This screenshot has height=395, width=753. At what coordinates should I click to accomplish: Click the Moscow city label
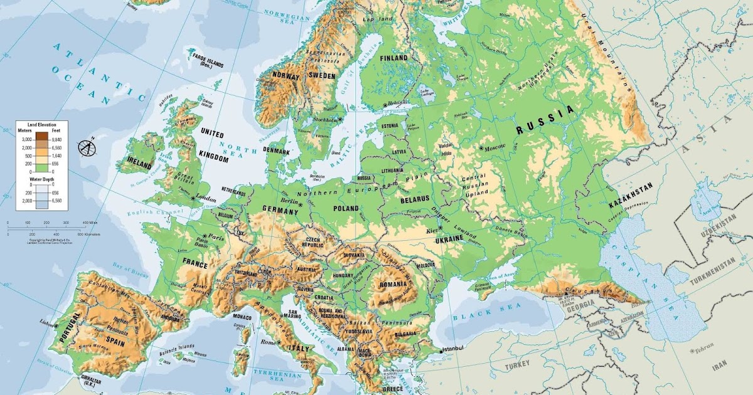pyautogui.click(x=495, y=148)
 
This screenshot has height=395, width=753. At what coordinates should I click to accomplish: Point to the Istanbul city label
pyautogui.click(x=452, y=349)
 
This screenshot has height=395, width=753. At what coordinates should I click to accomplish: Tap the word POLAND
pyautogui.click(x=346, y=209)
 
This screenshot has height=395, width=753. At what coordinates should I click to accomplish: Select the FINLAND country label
pyautogui.click(x=394, y=58)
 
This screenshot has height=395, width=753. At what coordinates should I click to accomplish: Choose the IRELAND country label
pyautogui.click(x=139, y=165)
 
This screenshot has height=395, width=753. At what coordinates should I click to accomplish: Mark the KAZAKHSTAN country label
pyautogui.click(x=631, y=195)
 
